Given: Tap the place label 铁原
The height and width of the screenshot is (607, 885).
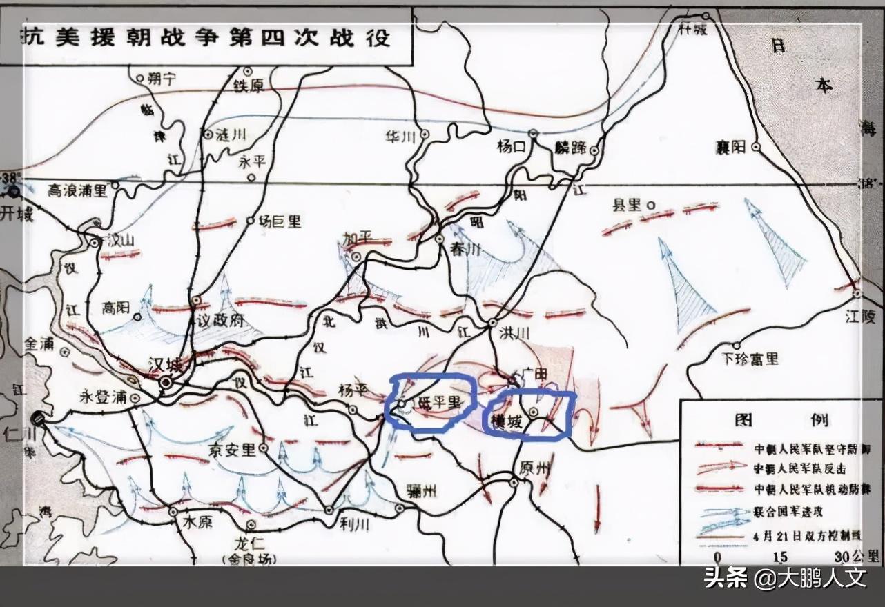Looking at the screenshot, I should tap(229, 86).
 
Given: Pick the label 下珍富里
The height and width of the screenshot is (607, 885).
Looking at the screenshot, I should tap(750, 358).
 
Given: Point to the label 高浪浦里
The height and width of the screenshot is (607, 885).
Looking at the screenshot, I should tap(78, 190).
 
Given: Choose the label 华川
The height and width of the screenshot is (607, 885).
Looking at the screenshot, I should tap(401, 137).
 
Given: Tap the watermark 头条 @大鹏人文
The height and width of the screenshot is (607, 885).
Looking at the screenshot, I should tap(784, 577).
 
